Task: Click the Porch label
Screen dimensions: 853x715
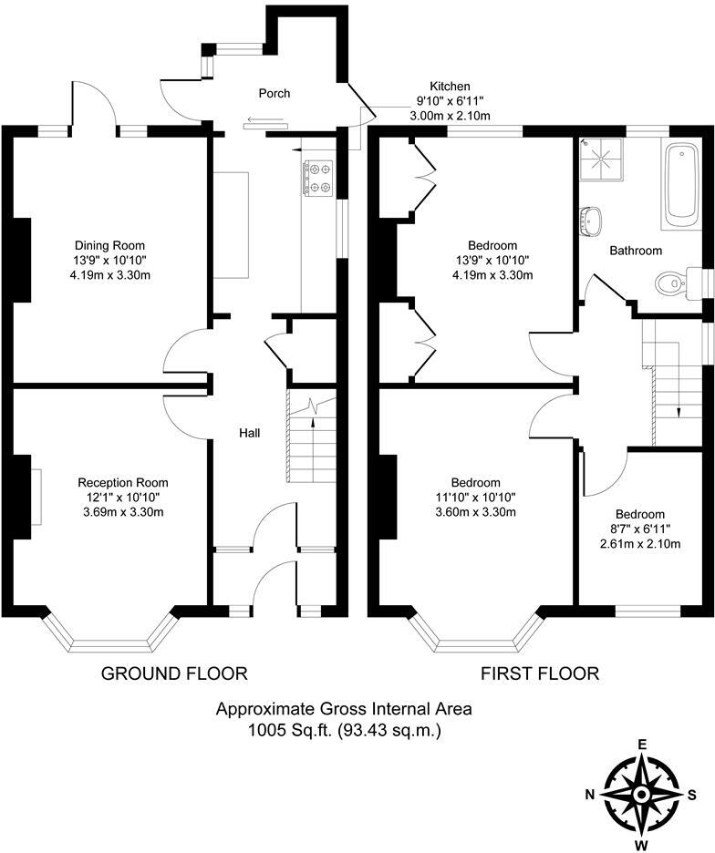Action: click(x=275, y=93)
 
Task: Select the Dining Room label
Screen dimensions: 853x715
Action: click(x=109, y=245)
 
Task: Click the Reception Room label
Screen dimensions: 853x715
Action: click(x=122, y=482)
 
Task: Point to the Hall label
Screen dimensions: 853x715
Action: click(x=250, y=433)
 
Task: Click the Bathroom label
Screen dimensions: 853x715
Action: click(x=636, y=250)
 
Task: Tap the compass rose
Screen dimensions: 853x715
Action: click(x=641, y=794)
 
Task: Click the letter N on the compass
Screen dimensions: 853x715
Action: click(x=591, y=794)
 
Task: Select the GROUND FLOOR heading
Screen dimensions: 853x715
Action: click(x=174, y=673)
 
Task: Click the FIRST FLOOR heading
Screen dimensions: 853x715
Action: click(x=540, y=673)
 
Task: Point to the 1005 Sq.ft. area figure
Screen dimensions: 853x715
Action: click(x=285, y=730)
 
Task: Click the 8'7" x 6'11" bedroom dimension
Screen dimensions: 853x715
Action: click(x=639, y=529)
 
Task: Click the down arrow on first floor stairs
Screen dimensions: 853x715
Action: click(x=679, y=411)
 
